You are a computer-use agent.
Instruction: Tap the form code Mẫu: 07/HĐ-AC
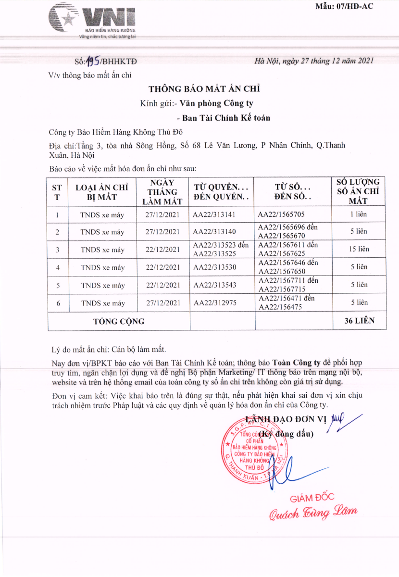tap(344, 6)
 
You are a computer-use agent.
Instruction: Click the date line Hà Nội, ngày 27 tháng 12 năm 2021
tap(313, 61)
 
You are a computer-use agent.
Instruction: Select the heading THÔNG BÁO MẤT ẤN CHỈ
tap(204, 89)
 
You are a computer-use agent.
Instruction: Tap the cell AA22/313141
tap(214, 214)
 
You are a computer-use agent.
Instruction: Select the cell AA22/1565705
tap(281, 214)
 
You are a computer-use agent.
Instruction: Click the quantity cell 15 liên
tap(359, 249)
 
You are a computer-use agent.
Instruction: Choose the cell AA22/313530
tap(215, 267)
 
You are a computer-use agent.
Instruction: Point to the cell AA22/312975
tap(215, 303)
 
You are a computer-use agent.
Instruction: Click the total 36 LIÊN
tap(359, 321)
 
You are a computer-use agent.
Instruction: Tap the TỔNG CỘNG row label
tap(119, 321)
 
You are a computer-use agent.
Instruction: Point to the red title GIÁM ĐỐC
tap(312, 498)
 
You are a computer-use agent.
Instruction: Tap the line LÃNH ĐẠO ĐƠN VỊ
tap(286, 419)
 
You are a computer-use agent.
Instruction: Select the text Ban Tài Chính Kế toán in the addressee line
tap(226, 118)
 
